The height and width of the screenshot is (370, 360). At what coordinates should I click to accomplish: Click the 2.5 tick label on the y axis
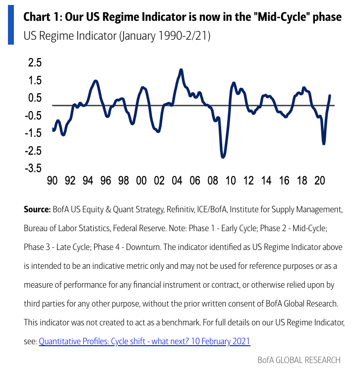35,63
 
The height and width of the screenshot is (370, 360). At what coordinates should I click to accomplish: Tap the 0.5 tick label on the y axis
35,98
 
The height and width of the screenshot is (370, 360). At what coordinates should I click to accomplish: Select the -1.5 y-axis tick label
33,133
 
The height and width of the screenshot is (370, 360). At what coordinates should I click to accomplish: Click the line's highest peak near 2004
181,70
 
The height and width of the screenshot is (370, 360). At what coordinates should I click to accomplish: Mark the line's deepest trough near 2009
223,157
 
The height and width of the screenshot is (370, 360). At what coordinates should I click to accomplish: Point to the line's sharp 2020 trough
324,143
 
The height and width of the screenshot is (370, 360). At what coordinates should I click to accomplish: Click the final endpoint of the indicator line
330,95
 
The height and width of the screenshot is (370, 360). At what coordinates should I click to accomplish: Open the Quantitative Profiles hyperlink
144,341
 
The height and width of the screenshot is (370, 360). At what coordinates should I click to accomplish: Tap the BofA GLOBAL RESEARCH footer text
299,360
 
